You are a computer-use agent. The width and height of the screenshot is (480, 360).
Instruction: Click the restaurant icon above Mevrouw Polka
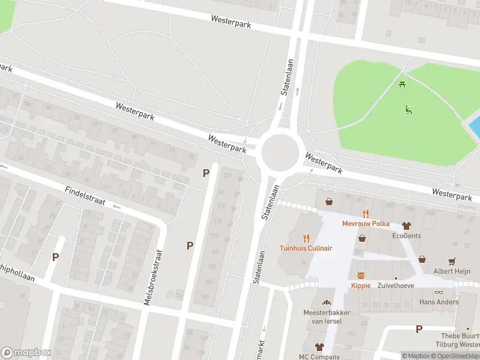(365, 214)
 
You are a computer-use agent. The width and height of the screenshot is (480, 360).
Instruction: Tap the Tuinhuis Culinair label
(306, 248)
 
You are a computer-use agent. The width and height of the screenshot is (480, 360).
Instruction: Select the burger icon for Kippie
(361, 276)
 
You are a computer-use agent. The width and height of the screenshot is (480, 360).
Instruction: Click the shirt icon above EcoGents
(407, 226)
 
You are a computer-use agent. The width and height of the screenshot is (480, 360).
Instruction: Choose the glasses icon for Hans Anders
(439, 292)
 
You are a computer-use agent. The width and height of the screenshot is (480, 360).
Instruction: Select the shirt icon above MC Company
(319, 347)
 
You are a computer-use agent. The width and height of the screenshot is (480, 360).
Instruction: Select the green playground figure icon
(409, 109)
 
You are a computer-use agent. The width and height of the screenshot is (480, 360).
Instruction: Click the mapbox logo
(26, 352)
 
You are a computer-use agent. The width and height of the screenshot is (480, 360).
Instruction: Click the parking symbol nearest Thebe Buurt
(419, 329)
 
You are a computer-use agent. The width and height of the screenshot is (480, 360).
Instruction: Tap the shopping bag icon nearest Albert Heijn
(422, 259)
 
